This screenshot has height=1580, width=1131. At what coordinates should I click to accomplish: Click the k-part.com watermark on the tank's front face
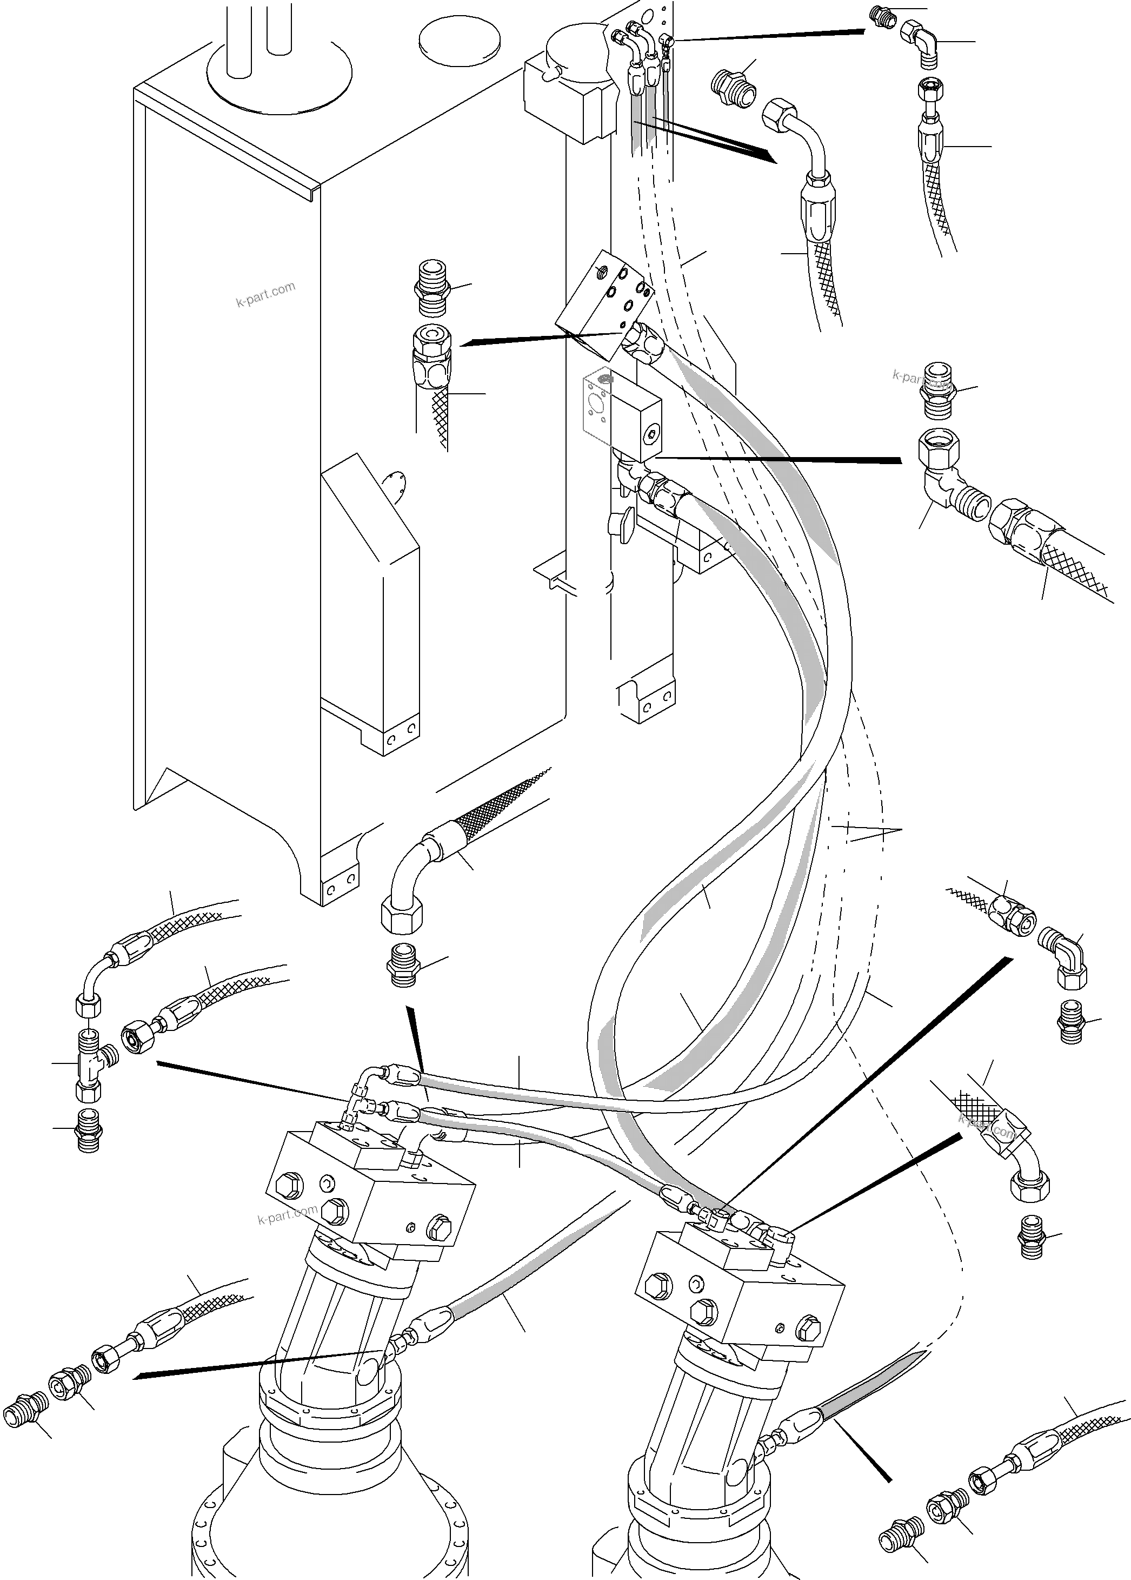[265, 295]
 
